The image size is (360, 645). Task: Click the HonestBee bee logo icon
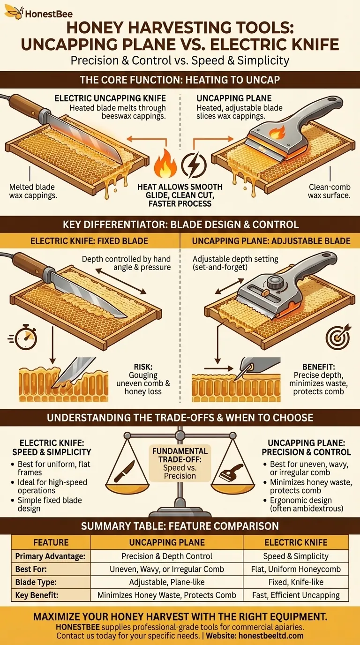click(14, 12)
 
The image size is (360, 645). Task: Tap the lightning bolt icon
click(194, 165)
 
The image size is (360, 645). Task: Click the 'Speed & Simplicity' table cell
click(296, 556)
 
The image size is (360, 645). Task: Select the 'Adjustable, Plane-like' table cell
click(167, 582)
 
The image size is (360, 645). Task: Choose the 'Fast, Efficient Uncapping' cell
click(296, 595)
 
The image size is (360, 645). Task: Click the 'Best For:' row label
click(31, 569)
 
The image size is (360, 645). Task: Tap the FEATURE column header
click(51, 542)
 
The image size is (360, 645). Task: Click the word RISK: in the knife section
click(143, 367)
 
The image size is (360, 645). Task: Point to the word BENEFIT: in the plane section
click(319, 367)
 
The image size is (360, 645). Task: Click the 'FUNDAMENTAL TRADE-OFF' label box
click(180, 463)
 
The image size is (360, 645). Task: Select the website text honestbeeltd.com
click(271, 636)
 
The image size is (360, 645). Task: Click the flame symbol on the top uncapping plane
click(277, 133)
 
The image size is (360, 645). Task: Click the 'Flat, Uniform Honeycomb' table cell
click(296, 569)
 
